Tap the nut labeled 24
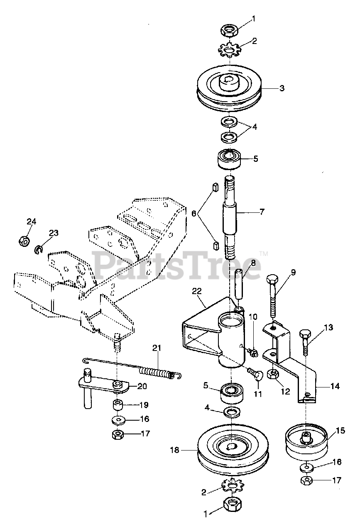click(x=24, y=240)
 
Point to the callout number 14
click(x=335, y=386)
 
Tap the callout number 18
click(x=175, y=449)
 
